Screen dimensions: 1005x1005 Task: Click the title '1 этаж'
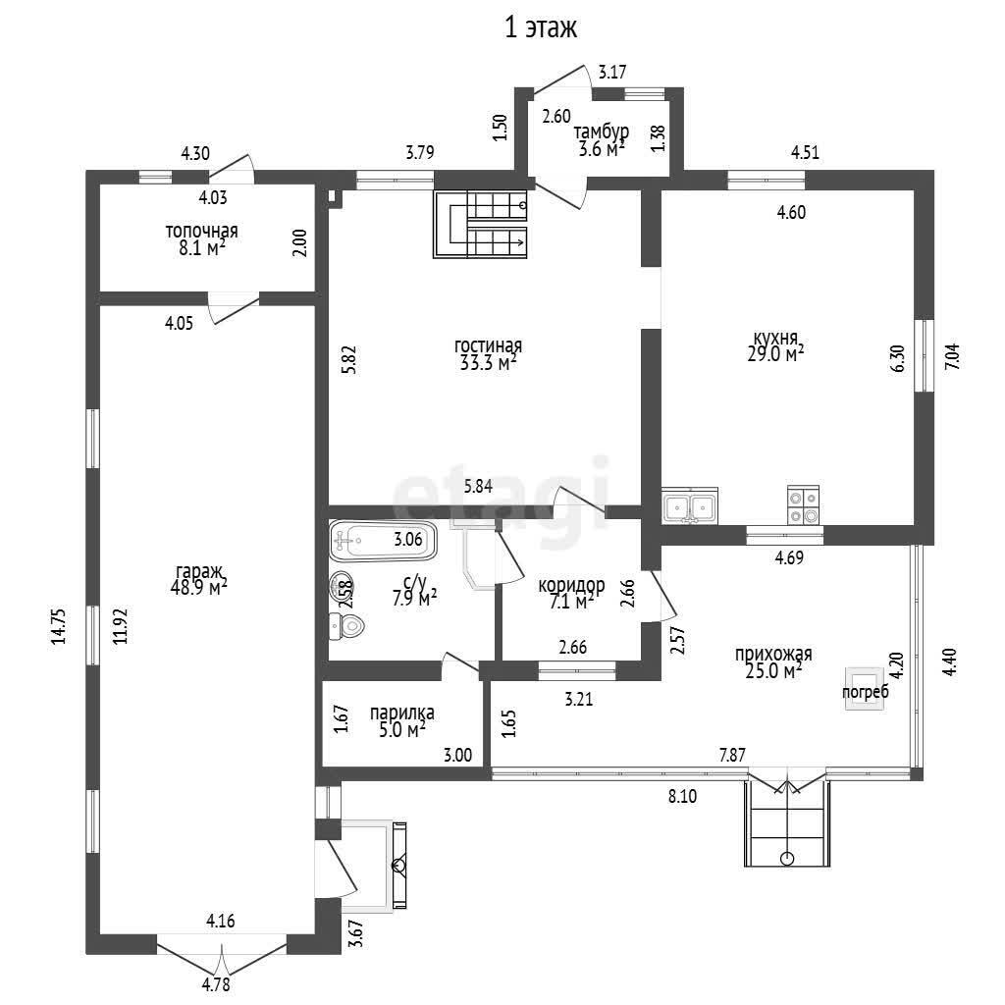click(540, 28)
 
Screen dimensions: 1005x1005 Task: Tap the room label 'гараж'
click(200, 571)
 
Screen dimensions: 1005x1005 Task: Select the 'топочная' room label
click(201, 232)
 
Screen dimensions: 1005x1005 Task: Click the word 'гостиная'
click(488, 346)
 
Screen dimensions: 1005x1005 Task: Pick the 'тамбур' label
click(602, 132)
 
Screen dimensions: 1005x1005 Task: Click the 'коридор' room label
click(571, 586)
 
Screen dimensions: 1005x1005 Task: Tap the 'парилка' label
click(401, 714)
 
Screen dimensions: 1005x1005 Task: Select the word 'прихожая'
click(773, 655)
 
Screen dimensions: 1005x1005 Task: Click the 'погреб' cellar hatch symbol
click(866, 684)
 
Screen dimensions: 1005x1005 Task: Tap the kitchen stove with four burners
click(803, 506)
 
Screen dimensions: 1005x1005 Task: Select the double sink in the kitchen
click(690, 507)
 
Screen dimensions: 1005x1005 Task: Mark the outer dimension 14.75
click(59, 626)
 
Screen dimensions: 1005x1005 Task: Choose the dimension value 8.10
click(682, 797)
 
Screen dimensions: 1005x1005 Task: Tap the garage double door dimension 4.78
click(217, 984)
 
